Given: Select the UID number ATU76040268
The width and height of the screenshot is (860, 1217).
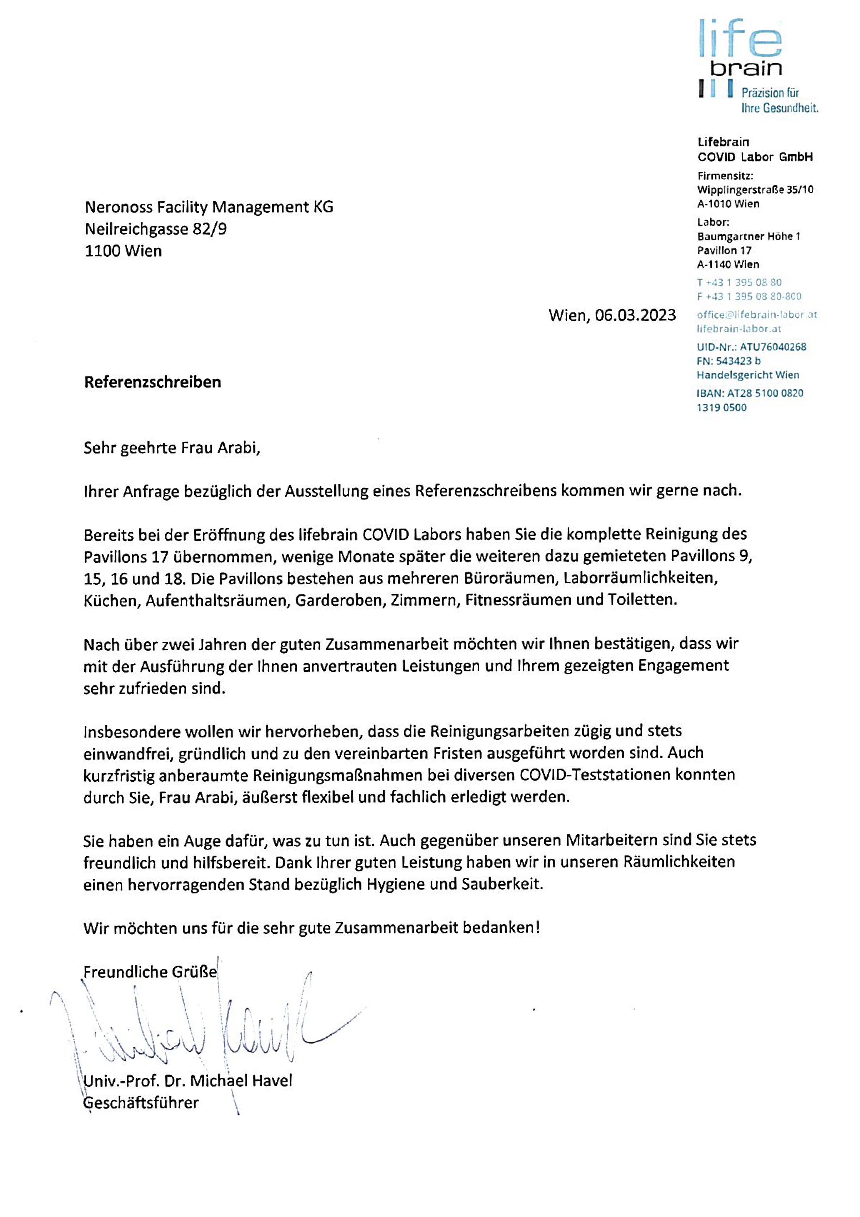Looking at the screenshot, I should (x=773, y=347).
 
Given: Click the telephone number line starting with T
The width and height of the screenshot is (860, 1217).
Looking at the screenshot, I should (x=739, y=282).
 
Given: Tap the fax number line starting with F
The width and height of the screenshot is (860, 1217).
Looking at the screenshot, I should (x=749, y=296).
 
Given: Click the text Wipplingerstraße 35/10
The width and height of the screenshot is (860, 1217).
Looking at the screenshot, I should (x=755, y=190).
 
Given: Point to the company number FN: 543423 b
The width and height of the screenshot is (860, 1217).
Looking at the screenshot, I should (x=729, y=361).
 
